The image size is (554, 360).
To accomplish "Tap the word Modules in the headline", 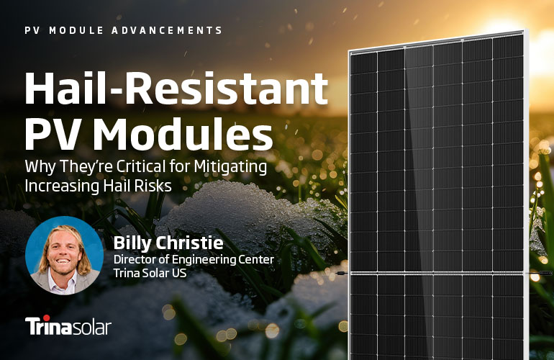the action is tap(182, 133).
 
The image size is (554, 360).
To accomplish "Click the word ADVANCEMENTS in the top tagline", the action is tap(167, 30).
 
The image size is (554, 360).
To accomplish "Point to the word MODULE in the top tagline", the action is tap(76, 30).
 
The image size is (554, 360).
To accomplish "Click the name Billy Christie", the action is tap(168, 243).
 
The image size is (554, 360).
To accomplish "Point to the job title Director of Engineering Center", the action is tap(194, 260).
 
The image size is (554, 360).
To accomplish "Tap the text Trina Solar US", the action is tap(150, 273).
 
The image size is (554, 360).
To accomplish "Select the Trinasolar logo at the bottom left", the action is tap(68, 325).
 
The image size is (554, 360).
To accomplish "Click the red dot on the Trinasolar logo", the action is tap(46, 318).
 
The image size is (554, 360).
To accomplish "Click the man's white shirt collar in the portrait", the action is tap(63, 280).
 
